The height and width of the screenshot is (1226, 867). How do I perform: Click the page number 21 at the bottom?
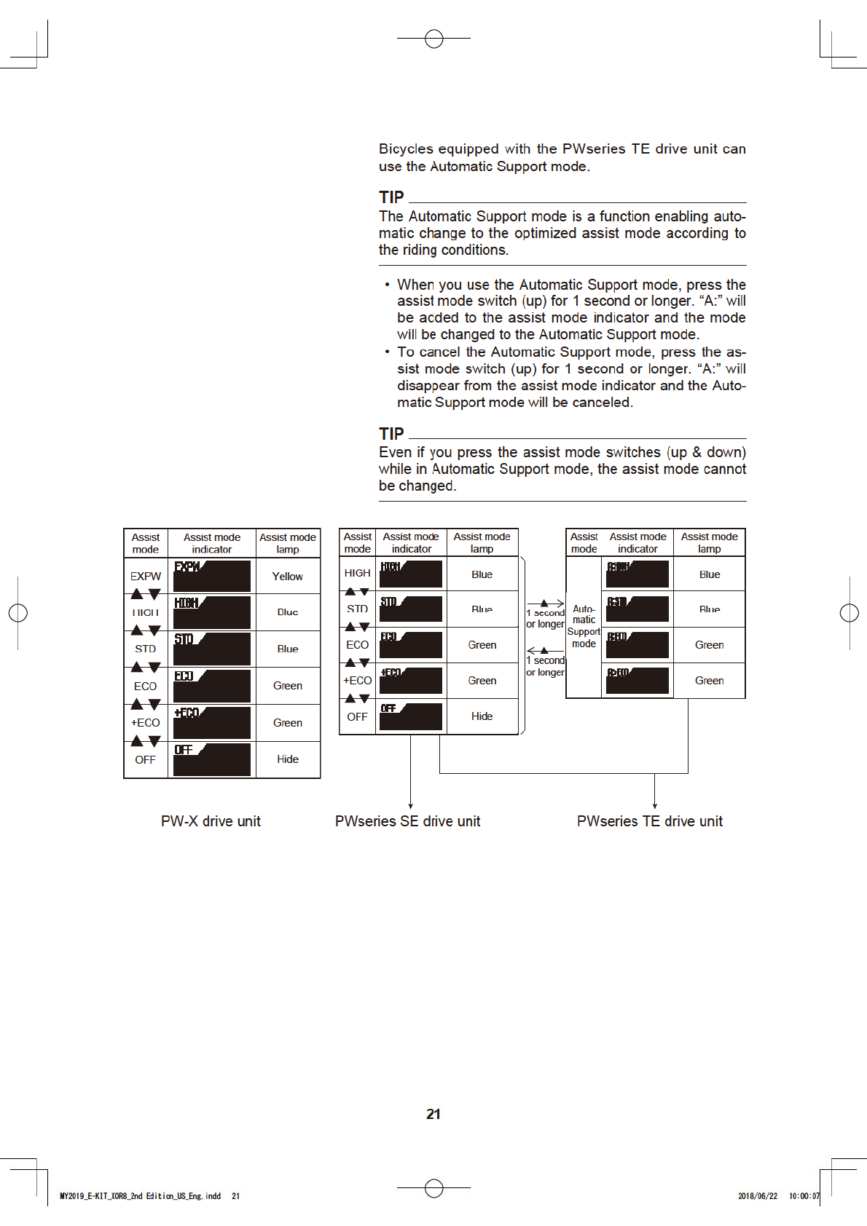pos(433,1114)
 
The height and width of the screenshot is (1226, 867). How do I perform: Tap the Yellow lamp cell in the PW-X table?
pos(287,577)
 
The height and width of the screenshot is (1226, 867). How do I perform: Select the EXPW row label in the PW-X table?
pos(146,577)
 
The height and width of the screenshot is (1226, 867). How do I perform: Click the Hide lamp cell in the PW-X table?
pos(287,759)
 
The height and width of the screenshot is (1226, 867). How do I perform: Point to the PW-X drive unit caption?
pos(211,821)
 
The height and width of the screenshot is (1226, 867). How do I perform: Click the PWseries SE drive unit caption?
pos(407,821)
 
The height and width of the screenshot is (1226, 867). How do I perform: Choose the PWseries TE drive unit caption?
pos(649,821)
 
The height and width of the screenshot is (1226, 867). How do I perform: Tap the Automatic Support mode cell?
pos(584,626)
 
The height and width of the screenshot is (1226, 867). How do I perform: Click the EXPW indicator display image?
pos(212,576)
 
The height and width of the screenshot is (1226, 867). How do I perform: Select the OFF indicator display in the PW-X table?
pos(212,759)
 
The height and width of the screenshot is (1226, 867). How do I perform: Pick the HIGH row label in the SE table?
pos(357,574)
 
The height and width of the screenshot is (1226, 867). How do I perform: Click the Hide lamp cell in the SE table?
pos(482,716)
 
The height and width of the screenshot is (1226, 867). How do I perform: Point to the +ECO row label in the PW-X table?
pos(146,723)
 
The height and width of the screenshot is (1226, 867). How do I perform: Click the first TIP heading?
pos(391,197)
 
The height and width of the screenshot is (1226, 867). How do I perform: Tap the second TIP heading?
pos(391,434)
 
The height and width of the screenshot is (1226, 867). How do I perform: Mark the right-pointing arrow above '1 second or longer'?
pos(545,603)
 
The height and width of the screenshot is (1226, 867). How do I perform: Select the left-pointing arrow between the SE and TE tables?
pos(544,650)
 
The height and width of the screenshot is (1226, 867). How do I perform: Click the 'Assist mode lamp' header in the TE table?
pos(709,542)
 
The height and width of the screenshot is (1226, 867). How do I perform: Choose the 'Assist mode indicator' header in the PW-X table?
pos(211,543)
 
